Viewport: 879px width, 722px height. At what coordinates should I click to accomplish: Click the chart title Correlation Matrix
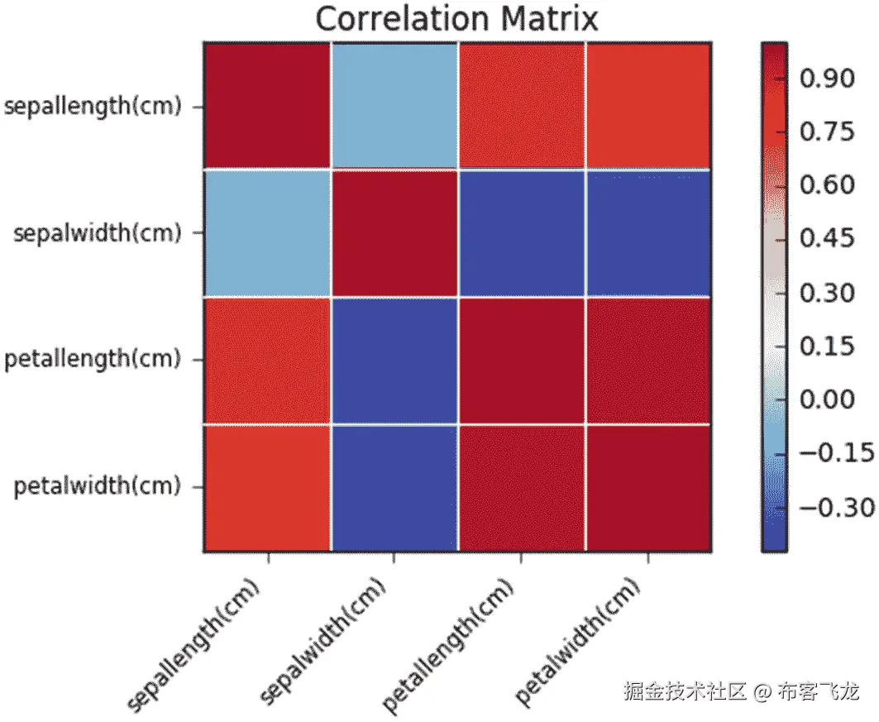(x=456, y=18)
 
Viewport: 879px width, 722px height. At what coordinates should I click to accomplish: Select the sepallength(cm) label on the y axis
(x=93, y=107)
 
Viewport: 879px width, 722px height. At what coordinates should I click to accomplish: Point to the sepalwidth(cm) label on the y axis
(x=97, y=233)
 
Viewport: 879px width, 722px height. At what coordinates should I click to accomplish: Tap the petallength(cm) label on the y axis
(x=93, y=360)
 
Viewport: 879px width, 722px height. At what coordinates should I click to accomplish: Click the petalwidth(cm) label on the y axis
(x=97, y=486)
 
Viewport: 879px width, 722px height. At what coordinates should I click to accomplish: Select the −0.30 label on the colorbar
(x=836, y=506)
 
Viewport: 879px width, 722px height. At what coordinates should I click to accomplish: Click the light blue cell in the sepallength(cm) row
(x=394, y=105)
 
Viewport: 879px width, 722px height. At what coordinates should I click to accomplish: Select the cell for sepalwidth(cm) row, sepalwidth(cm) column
(x=394, y=232)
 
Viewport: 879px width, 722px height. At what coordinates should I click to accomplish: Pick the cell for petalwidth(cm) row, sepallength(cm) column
(x=267, y=487)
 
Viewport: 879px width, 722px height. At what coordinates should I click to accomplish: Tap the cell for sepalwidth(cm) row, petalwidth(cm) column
(x=647, y=232)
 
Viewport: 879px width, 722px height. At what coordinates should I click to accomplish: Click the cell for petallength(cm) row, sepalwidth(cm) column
(x=394, y=360)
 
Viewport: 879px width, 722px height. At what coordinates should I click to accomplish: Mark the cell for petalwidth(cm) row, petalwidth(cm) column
(x=647, y=487)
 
